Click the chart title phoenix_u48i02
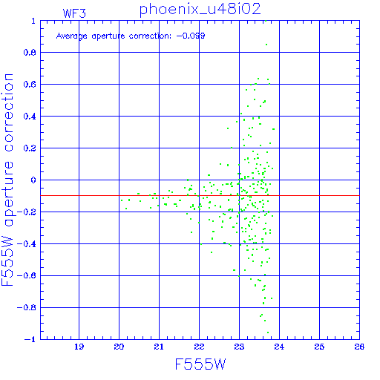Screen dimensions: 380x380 coord(200,10)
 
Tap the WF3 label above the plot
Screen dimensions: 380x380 coord(74,13)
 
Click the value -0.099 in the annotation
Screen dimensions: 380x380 coord(191,36)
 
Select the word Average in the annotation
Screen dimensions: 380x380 coord(72,36)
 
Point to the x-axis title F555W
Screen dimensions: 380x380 coord(200,364)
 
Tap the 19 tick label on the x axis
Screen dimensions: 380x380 coord(79,347)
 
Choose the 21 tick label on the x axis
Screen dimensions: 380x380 coord(159,347)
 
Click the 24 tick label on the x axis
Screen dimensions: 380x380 coord(279,347)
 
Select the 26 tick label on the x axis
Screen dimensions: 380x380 coord(359,347)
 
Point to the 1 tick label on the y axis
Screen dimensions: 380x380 coord(33,21)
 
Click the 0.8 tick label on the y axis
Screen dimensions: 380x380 coord(30,53)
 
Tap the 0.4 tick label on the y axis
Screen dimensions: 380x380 coord(30,117)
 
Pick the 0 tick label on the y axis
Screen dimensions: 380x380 coord(33,180)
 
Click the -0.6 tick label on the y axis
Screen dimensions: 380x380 coord(27,275)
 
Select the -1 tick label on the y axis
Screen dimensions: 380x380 coord(30,339)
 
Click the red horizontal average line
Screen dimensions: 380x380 coord(200,196)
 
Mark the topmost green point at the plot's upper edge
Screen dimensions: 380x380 coord(266,21)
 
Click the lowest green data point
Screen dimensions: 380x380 coord(268,332)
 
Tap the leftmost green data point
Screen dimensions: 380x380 coord(122,200)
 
